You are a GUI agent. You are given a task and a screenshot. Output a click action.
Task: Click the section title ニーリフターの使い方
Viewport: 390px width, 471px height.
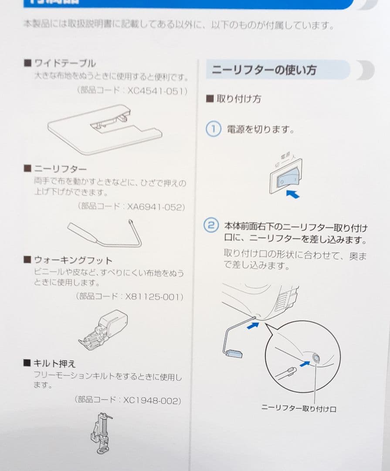(x=264, y=70)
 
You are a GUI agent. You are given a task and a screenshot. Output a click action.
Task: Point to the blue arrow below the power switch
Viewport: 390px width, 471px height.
(x=293, y=193)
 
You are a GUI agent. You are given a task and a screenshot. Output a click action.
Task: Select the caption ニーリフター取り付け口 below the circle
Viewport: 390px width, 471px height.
(x=298, y=409)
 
